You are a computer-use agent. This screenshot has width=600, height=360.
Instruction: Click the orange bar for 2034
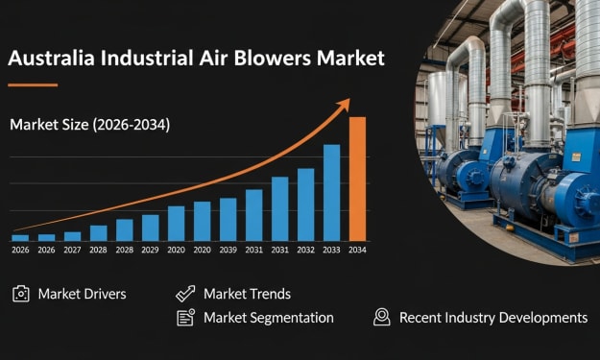[357, 180]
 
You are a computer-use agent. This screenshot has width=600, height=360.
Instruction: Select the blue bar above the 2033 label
[331, 193]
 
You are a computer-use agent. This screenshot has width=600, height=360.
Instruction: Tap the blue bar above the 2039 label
[228, 220]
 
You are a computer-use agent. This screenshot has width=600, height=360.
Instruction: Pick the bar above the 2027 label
[72, 236]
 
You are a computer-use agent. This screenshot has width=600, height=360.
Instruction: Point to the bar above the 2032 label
[305, 204]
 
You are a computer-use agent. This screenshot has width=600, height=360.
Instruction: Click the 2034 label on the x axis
[357, 250]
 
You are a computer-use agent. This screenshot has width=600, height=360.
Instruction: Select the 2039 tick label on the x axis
[228, 250]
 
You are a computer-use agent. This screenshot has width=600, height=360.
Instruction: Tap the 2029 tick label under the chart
[150, 250]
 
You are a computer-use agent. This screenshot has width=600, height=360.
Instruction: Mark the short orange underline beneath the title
[33, 84]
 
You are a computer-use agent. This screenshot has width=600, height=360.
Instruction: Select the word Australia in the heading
[51, 59]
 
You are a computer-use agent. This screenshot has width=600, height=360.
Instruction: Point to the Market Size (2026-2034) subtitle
[90, 125]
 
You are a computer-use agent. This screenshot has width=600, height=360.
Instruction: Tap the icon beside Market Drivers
[21, 294]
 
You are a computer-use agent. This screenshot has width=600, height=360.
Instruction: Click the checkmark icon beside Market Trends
[185, 294]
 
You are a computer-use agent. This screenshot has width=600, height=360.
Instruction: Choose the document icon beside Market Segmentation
[185, 318]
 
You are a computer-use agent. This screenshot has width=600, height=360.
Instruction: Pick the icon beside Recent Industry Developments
[382, 317]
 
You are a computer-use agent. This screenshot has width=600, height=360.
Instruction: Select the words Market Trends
[247, 294]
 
